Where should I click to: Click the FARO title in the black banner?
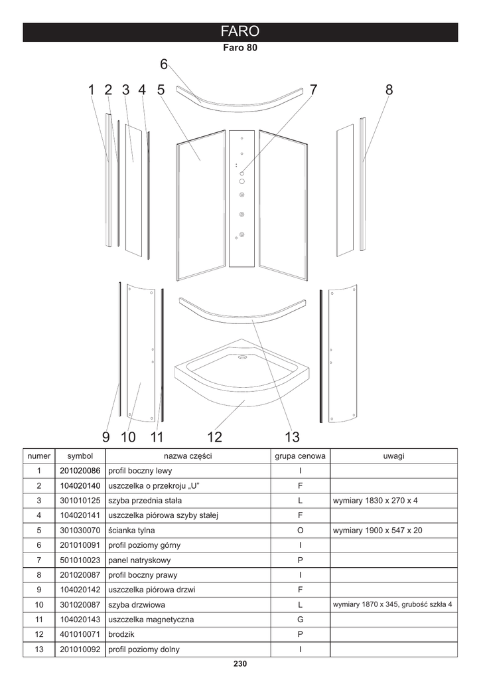[240, 32]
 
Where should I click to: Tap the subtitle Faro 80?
[240, 48]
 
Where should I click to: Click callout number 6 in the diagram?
[164, 64]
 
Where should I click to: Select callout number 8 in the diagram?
[389, 90]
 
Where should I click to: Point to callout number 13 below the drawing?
[292, 437]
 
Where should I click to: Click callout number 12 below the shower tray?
[214, 437]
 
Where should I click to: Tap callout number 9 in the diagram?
[106, 437]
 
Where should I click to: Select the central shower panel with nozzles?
[242, 198]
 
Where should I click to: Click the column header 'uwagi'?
[394, 456]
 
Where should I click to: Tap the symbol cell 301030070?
[80, 531]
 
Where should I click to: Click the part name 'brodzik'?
[120, 635]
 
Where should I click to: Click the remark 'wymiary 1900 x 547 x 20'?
[376, 531]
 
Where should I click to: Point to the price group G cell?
[300, 620]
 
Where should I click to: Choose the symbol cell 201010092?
[80, 649]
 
